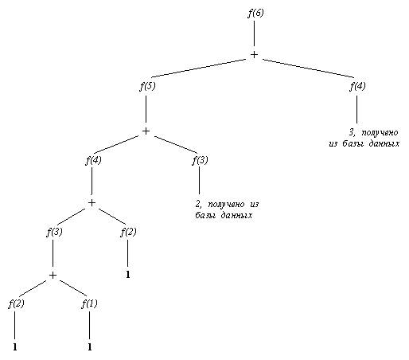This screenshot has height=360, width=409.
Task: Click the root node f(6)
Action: [255, 13]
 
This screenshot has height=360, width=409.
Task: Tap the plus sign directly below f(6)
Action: [254, 54]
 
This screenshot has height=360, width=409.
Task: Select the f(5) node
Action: [147, 87]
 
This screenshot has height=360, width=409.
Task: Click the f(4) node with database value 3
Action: [357, 86]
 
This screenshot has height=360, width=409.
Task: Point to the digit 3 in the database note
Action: [352, 132]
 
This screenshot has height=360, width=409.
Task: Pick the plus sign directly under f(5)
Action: [146, 131]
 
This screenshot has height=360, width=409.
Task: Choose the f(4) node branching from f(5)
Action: [93, 160]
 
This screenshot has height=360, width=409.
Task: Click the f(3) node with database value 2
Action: [200, 160]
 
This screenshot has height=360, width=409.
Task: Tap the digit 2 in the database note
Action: [197, 204]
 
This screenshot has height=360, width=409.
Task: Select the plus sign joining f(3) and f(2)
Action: [92, 203]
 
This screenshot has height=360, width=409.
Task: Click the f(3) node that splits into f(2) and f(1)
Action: [54, 233]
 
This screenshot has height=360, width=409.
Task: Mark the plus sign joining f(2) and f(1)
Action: [53, 276]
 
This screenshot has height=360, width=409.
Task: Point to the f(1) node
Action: [89, 303]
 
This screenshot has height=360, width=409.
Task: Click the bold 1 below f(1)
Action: [90, 347]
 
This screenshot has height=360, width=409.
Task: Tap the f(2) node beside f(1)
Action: [16, 303]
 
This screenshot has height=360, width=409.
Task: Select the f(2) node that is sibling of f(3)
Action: [128, 233]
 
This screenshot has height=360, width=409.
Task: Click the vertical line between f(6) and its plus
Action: [255, 33]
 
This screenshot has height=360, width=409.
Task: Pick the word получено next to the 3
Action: [380, 132]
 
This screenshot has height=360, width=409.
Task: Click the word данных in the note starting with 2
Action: [236, 215]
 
